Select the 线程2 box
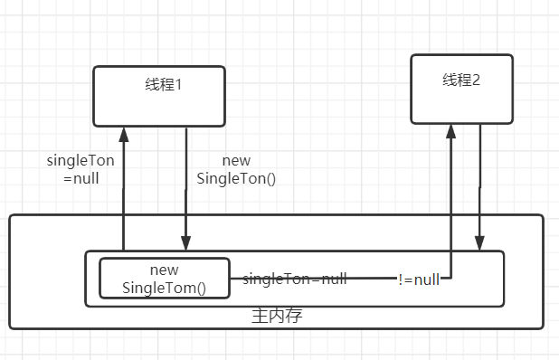click(461, 89)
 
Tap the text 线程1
click(164, 85)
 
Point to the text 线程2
click(461, 80)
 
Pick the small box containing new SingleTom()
click(164, 279)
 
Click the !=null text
click(419, 279)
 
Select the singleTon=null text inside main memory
click(295, 279)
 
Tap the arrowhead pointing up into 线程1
click(122, 134)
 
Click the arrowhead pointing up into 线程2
click(450, 131)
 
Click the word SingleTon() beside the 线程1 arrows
click(236, 178)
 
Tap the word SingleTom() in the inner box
click(164, 289)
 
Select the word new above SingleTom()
click(164, 270)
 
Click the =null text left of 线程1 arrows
click(81, 178)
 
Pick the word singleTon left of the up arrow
click(81, 161)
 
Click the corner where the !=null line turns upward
click(450, 279)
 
